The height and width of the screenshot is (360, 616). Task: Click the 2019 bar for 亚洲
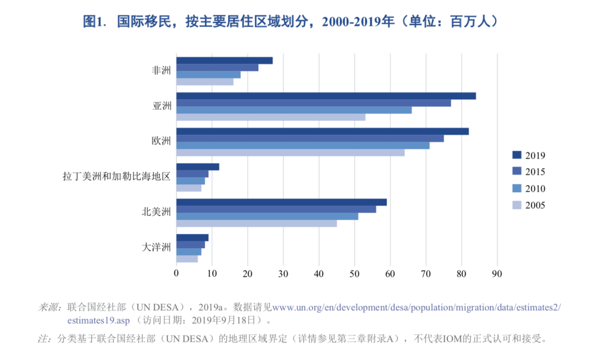[x=326, y=96]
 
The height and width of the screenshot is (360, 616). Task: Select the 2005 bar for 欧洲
[x=290, y=152]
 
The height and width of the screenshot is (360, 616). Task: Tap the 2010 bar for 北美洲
[x=267, y=216]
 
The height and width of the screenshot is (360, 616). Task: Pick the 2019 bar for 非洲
[x=224, y=60]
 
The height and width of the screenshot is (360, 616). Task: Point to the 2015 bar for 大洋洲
[x=191, y=245]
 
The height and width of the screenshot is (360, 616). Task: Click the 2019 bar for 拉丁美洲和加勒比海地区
[x=197, y=167]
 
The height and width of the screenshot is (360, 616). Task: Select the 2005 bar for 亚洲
[x=270, y=117]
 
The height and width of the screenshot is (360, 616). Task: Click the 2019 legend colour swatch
[x=517, y=155]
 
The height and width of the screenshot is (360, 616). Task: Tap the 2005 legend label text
[x=535, y=205]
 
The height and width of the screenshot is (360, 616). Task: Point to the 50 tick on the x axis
[x=355, y=273]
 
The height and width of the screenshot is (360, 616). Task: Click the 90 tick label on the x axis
[x=497, y=273]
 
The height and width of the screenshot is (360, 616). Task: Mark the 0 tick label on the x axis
[x=176, y=273]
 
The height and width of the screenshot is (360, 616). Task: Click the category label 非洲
[x=161, y=71]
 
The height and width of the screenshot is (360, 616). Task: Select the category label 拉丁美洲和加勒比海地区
[x=116, y=176]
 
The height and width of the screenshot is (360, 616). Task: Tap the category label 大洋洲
[x=156, y=248]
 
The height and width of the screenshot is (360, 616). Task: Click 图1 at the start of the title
[x=95, y=22]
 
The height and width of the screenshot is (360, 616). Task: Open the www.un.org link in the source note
[x=416, y=308]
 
